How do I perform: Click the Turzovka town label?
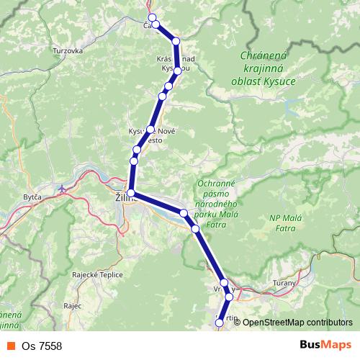click(x=68, y=52)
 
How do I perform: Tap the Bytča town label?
click(x=32, y=197)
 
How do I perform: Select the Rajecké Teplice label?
click(x=98, y=274)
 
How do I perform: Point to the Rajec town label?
click(x=73, y=305)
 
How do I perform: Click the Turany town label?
click(x=286, y=283)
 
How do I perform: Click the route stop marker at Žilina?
click(x=131, y=193)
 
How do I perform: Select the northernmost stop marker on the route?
click(x=151, y=17)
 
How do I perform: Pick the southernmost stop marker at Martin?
click(x=219, y=324)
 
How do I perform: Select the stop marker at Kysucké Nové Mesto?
click(x=150, y=130)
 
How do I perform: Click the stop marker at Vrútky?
click(x=224, y=283)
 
